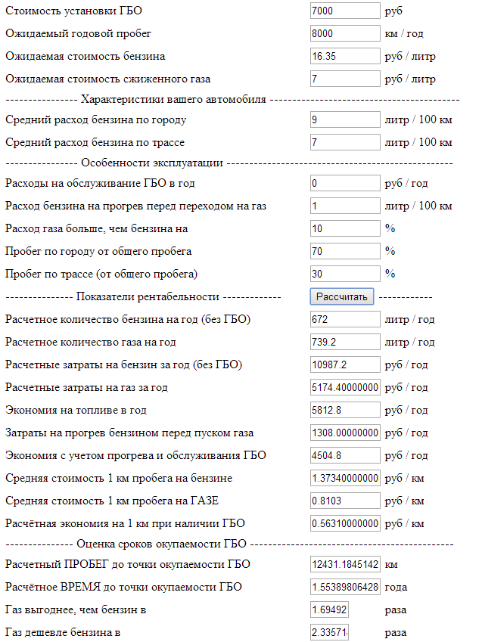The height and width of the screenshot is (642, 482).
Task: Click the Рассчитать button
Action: [x=341, y=297]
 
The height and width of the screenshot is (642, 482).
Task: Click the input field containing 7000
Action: [x=345, y=11]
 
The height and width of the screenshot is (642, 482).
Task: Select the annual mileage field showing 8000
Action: [x=345, y=33]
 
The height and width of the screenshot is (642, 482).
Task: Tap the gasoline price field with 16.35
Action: [x=345, y=56]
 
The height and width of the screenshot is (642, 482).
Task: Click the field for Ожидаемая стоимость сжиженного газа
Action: [x=345, y=79]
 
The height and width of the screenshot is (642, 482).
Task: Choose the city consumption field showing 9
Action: [x=345, y=119]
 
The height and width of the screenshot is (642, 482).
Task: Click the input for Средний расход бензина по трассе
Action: [x=345, y=142]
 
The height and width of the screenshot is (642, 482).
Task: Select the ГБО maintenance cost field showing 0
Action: [x=345, y=183]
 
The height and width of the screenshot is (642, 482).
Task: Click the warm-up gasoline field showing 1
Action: [x=345, y=206]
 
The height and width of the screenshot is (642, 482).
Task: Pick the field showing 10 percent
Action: [x=345, y=228]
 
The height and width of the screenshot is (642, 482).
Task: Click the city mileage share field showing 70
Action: [x=345, y=251]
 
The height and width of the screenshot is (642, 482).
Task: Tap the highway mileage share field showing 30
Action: [x=345, y=274]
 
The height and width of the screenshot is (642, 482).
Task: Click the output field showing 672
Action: [x=345, y=319]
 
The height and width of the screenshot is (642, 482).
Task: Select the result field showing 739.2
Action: [x=345, y=342]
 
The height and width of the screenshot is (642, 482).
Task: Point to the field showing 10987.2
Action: [x=345, y=364]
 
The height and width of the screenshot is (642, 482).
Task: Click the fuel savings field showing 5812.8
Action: [x=345, y=410]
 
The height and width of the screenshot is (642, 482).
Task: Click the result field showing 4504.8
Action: [x=345, y=455]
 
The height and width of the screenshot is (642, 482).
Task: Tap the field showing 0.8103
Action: [x=345, y=501]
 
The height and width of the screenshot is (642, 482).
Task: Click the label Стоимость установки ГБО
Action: [x=73, y=11]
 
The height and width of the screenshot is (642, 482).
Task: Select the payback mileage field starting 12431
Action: [x=345, y=564]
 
